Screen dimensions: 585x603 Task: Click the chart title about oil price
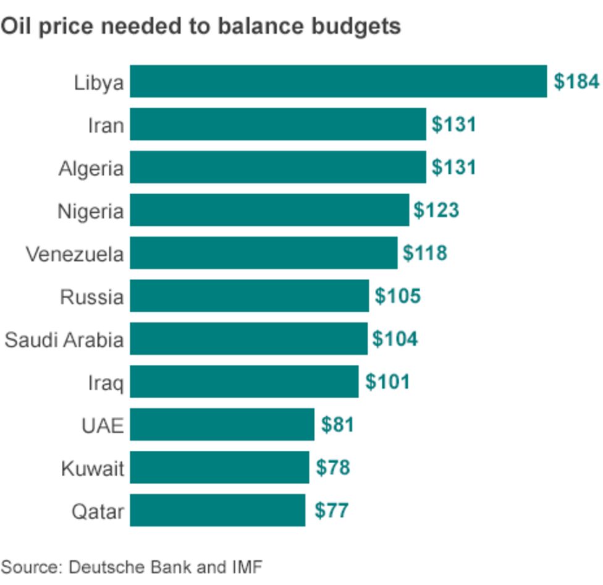201,27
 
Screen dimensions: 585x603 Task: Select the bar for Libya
338,82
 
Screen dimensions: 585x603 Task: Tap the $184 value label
576,82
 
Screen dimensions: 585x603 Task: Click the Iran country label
105,126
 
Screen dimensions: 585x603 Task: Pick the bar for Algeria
277,168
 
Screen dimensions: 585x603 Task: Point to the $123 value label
436,210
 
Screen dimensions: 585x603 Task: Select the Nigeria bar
269,210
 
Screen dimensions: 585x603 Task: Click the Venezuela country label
75,254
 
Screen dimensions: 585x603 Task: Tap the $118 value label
424,254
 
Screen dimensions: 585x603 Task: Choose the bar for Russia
249,296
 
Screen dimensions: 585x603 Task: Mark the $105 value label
397,296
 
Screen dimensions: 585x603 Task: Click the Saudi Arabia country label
64,339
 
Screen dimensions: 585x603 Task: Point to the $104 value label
395,339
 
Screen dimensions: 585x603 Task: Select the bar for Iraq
244,382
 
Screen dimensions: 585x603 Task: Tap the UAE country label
103,425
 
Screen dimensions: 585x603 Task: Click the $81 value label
337,425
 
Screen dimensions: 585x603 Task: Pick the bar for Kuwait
219,468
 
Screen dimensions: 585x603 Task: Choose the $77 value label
332,511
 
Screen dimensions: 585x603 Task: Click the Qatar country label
98,511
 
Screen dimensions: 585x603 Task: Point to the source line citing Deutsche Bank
132,567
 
